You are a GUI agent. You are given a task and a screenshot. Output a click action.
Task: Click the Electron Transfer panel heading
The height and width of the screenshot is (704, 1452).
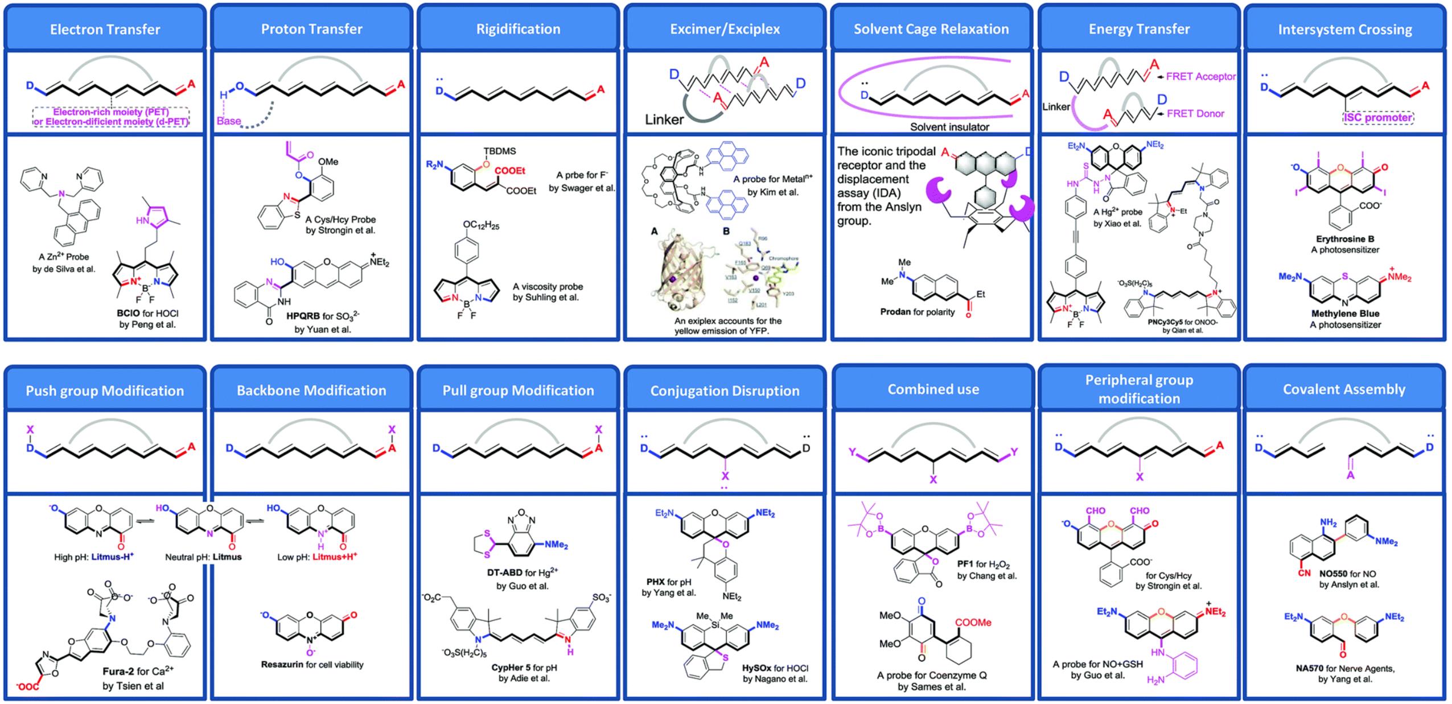105,30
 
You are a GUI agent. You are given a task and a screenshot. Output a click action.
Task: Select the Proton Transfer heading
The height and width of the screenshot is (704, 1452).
311,29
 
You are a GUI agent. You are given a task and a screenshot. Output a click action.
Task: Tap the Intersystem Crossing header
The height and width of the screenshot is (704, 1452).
1345,30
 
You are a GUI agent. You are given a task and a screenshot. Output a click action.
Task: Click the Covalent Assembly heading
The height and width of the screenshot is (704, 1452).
1344,389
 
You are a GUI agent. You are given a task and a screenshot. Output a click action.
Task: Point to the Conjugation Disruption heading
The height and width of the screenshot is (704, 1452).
725,390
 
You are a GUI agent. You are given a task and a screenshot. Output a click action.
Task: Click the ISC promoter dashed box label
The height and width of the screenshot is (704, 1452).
1378,118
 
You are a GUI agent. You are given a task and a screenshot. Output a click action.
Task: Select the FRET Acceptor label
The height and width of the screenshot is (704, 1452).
1200,76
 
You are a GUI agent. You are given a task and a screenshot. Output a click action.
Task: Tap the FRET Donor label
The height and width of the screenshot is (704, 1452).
1195,113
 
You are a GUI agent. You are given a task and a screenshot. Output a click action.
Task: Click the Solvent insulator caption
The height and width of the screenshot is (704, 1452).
949,127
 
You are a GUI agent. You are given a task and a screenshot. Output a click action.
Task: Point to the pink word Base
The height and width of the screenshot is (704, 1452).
228,121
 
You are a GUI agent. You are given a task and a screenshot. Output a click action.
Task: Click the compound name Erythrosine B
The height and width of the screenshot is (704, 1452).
1344,239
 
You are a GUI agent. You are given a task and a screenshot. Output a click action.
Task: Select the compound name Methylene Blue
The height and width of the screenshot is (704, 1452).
1345,314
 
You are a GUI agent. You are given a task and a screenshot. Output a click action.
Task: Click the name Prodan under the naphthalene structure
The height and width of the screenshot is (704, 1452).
895,312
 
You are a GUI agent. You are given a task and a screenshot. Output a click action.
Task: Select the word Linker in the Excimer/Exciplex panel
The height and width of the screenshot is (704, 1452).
664,120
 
